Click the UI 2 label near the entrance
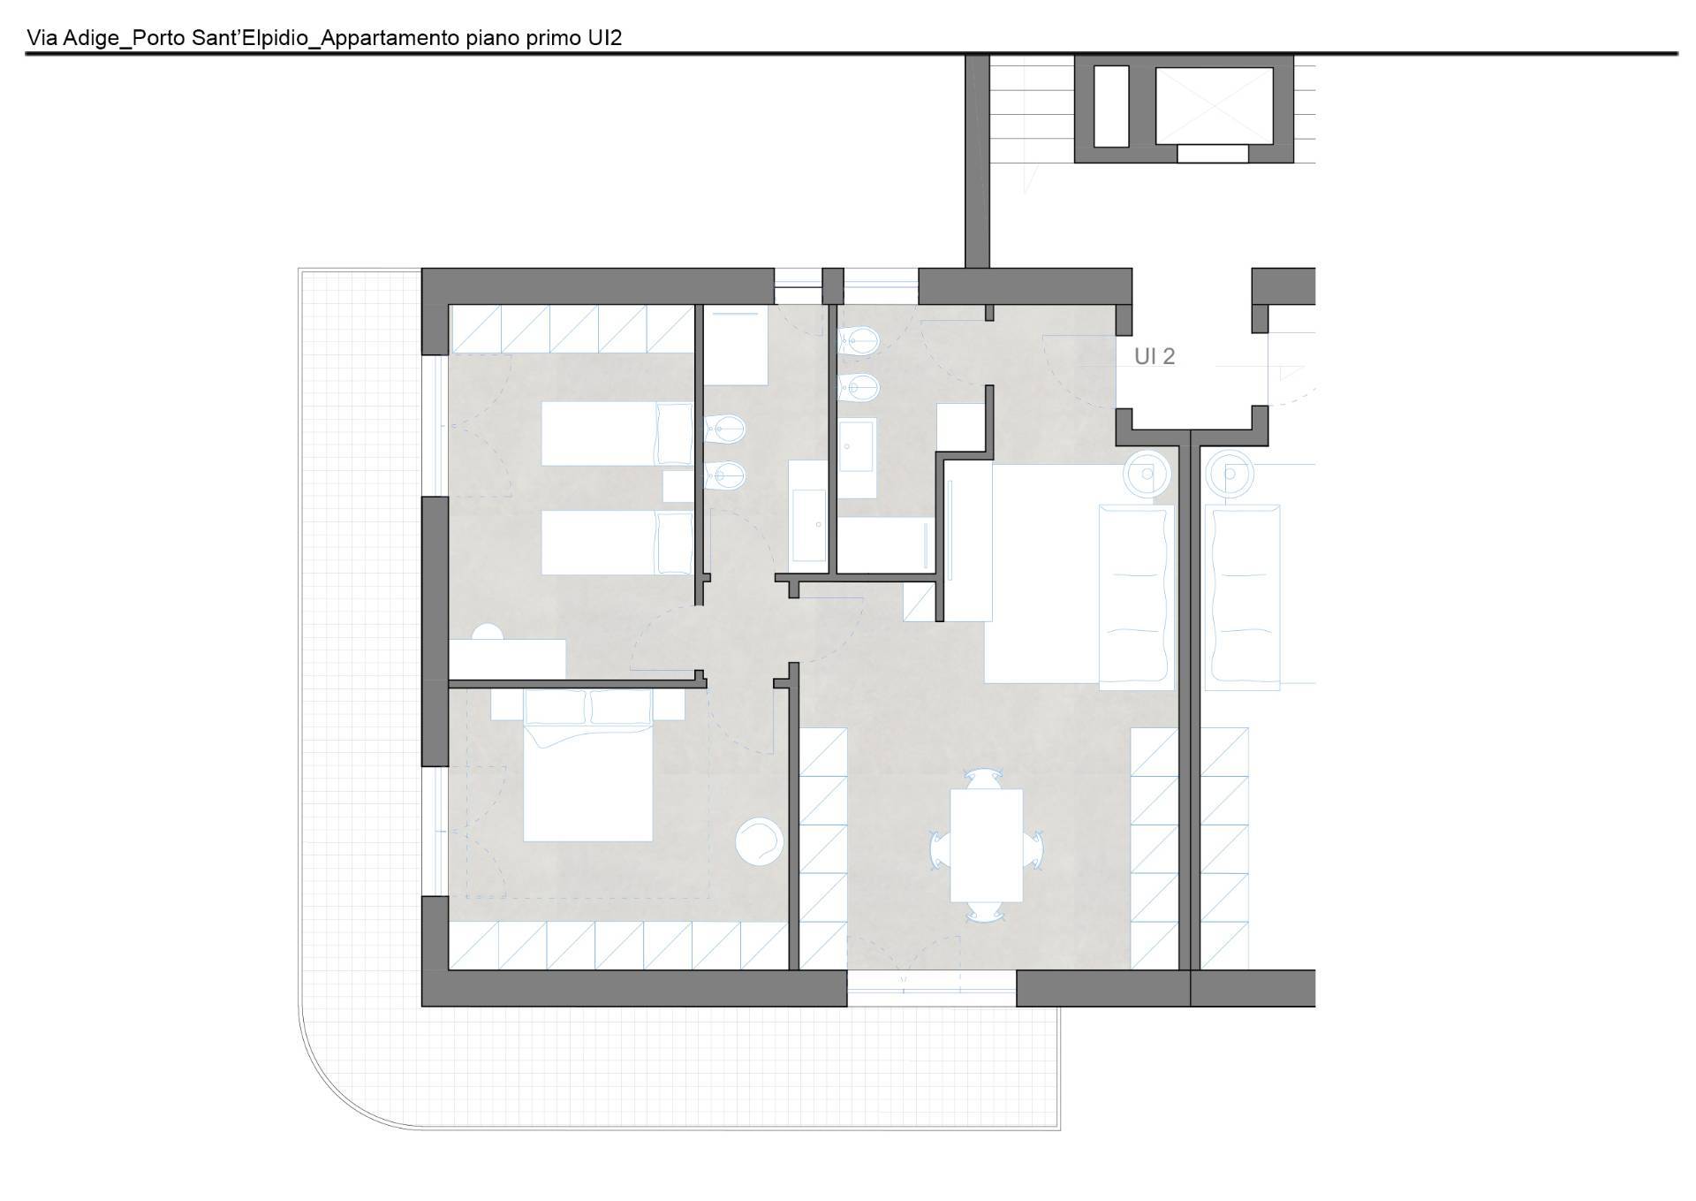coord(1155,356)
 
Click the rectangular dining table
coord(986,845)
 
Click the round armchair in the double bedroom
coord(759,840)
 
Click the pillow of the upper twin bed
coord(675,433)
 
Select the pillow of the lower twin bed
coord(675,543)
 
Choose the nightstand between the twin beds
coord(678,487)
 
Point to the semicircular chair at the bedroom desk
coord(487,631)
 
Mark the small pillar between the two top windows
coord(833,286)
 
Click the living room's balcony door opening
coord(932,988)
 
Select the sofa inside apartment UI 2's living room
coord(1137,597)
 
